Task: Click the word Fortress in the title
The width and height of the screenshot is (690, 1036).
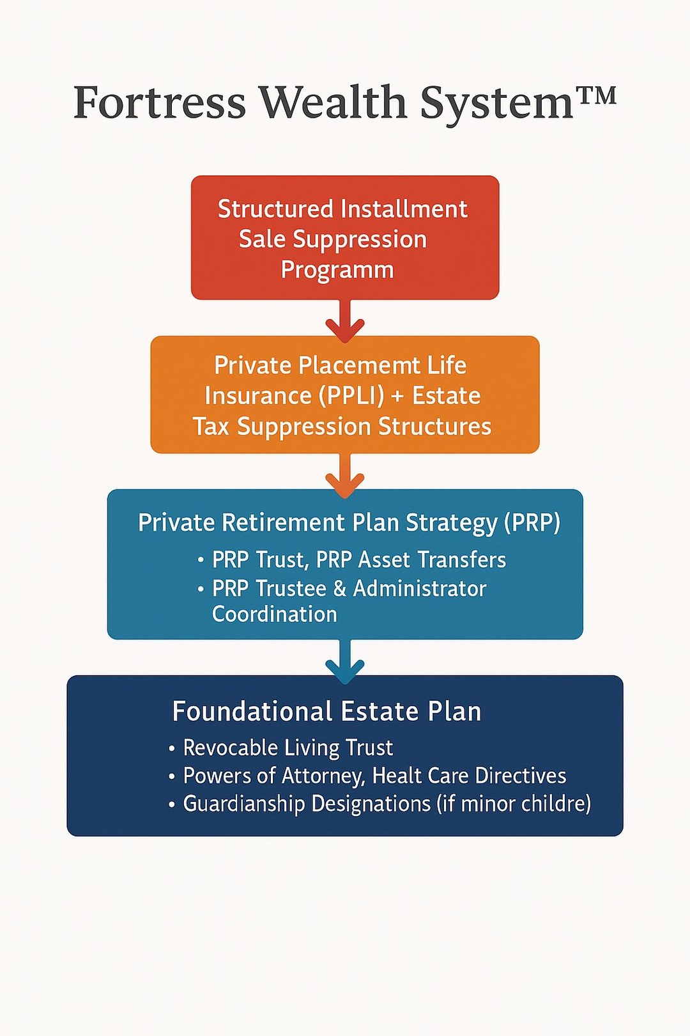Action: tap(160, 102)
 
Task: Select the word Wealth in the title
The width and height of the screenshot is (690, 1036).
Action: tap(332, 102)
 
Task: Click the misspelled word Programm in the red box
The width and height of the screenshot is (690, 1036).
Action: tap(337, 270)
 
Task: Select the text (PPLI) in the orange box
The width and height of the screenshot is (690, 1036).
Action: tap(351, 396)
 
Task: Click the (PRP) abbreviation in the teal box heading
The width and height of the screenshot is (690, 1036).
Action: tap(532, 523)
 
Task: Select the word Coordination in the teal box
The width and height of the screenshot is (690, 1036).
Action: tap(275, 615)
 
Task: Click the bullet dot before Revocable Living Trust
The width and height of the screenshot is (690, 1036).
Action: tap(172, 748)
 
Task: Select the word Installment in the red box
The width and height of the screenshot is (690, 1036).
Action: tap(404, 209)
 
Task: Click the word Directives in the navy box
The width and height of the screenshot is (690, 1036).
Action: tap(520, 776)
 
